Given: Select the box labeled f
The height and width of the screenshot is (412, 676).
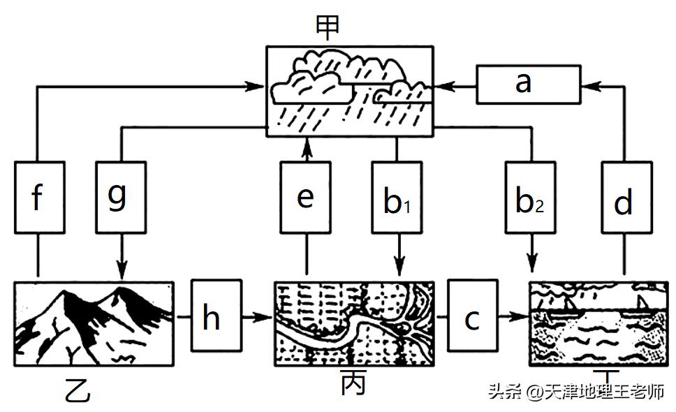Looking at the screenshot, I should [x=38, y=198].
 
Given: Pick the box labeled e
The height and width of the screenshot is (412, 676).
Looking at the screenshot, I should [x=305, y=198].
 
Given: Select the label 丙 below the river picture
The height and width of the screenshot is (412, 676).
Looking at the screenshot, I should [x=353, y=384].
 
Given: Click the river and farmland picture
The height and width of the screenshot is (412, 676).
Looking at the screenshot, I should [x=353, y=323].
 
